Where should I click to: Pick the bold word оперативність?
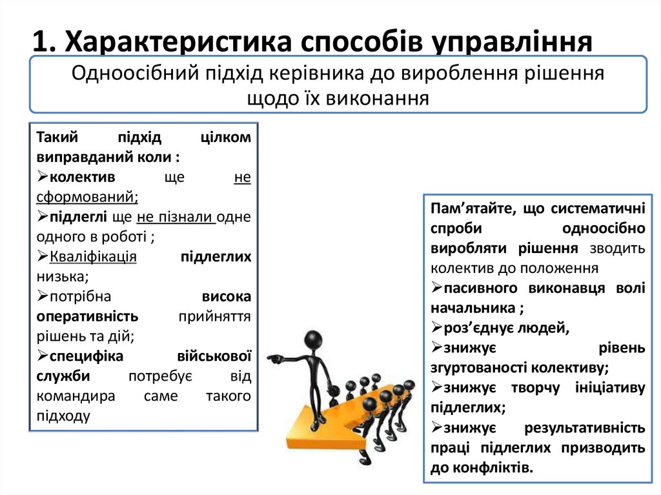pos(87,317)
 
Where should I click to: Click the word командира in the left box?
pos(76,396)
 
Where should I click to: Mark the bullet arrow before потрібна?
pos(42,297)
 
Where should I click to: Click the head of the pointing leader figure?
pos(313,340)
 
